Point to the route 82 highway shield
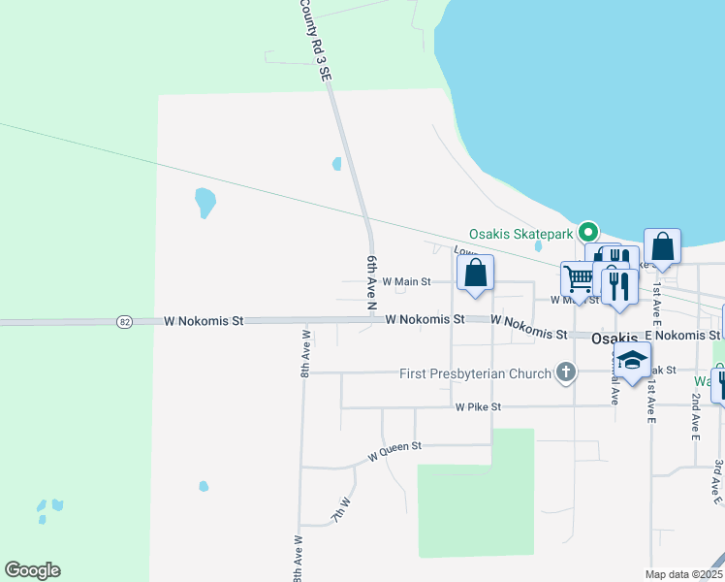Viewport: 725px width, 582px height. pos(123,321)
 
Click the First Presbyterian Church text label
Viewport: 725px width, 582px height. pos(475,373)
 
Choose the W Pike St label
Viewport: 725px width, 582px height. pos(479,407)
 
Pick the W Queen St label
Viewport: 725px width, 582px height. pos(395,449)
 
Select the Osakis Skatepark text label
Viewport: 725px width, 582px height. pos(520,233)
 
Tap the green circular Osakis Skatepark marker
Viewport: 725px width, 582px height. pos(587,232)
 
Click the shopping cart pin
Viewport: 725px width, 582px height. pos(578,278)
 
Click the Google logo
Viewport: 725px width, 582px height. pos(32,570)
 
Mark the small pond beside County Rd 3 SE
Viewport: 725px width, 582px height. pos(336,164)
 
